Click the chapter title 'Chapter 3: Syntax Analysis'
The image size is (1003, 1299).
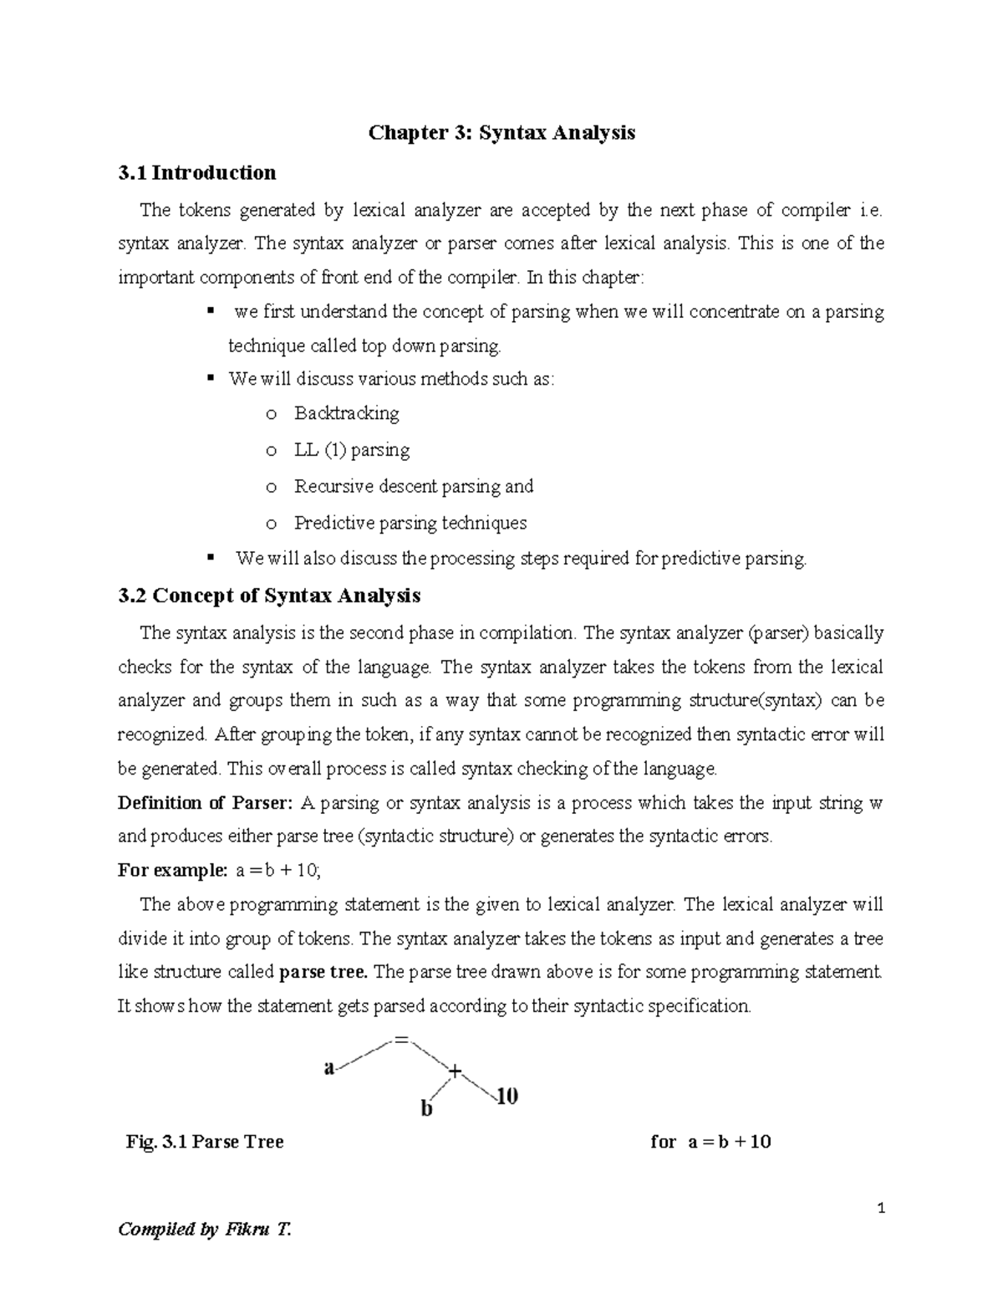[x=501, y=133]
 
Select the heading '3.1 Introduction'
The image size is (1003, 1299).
[x=197, y=173]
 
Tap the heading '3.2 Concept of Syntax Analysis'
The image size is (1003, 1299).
[x=269, y=596]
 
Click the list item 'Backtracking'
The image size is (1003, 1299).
[x=346, y=413]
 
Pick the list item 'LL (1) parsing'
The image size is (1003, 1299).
[x=351, y=450]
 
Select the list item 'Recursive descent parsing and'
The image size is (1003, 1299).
[x=413, y=487]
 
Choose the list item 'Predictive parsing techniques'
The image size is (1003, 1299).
[x=410, y=524]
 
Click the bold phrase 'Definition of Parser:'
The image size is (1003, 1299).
[x=205, y=803]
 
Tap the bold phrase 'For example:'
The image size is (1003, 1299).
[x=172, y=871]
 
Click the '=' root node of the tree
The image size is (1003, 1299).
[x=402, y=1040]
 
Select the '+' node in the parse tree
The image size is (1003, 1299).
[x=455, y=1071]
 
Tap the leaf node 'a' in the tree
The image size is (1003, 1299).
[x=328, y=1068]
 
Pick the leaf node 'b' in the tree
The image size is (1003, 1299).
[x=426, y=1109]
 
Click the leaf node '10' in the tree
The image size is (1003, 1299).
[x=507, y=1096]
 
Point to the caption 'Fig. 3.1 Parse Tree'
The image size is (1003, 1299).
[x=205, y=1142]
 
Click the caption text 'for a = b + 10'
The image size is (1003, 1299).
[x=710, y=1142]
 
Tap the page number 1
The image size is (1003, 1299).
[x=880, y=1209]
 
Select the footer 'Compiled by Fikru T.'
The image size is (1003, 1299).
[x=205, y=1230]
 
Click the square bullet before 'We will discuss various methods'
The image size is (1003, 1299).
[x=210, y=379]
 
